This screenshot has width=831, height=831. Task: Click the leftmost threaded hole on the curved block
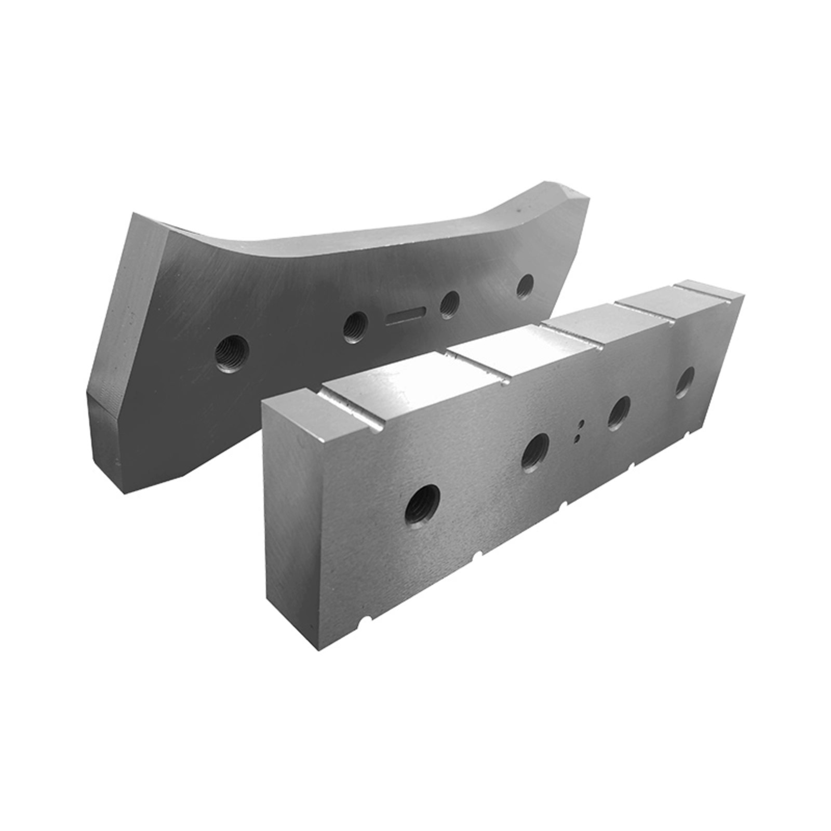coord(232,352)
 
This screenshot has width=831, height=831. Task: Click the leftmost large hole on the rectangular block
coord(422,504)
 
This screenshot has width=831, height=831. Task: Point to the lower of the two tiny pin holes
coord(577,439)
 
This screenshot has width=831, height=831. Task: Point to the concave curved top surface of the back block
coord(364,244)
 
